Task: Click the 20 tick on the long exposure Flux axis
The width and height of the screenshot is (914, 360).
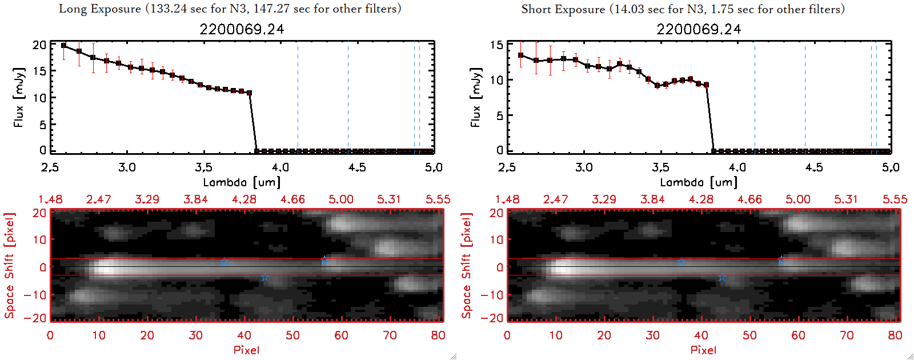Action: pos(39,45)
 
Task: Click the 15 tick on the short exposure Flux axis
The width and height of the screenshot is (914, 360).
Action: pos(496,45)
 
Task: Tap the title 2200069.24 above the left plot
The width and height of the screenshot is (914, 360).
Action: pos(242,29)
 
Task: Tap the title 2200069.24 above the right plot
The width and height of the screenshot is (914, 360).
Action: pos(699,29)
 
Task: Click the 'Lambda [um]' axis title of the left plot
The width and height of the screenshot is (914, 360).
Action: pos(242,182)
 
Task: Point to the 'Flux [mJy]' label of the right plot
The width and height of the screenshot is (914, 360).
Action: pos(475,97)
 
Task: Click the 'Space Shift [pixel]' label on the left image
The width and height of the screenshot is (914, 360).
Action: pos(9,266)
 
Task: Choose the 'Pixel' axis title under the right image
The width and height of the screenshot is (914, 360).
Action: pos(703,350)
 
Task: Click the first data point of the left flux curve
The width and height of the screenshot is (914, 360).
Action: pos(63,46)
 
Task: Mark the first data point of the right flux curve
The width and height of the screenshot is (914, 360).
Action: pos(520,55)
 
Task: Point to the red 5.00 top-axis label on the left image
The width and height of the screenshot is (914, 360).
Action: pos(341,199)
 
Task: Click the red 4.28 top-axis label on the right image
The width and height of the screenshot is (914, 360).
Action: pos(701,199)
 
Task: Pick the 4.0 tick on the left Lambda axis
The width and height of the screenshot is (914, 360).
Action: pos(280,167)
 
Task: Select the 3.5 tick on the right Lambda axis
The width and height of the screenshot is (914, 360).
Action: pos(660,167)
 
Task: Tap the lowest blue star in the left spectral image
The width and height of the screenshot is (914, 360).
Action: pos(265,278)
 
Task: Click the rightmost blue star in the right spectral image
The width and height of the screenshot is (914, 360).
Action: pos(781,260)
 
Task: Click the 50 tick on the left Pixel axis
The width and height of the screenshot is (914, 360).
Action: pos(292,335)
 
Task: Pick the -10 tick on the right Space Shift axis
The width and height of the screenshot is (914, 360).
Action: pos(492,295)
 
